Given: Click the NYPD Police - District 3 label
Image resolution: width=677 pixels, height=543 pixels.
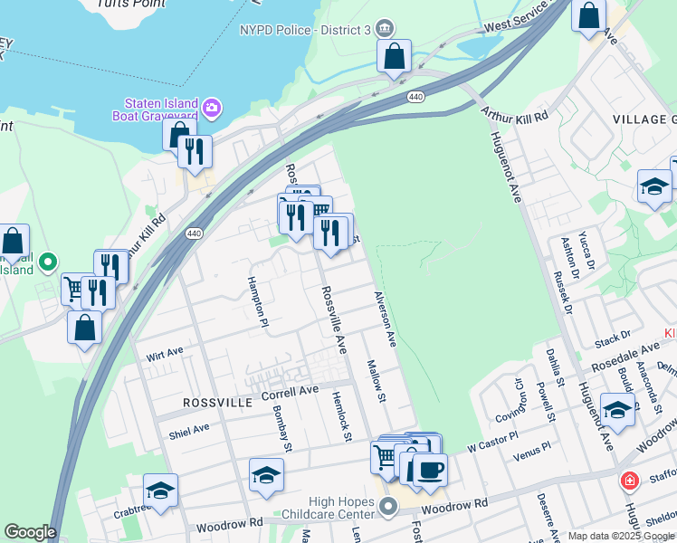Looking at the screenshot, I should pos(305,29).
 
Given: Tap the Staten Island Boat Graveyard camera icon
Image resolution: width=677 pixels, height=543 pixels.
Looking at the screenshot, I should pos(212,109).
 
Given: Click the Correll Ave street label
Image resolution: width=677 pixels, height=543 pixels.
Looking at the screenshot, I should pos(290,392).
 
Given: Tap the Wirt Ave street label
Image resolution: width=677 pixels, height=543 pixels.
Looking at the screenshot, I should pos(164,354).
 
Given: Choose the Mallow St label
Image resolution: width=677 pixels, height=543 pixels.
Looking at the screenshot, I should pos(376,381).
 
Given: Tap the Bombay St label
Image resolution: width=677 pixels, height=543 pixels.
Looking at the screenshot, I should pos(281,427).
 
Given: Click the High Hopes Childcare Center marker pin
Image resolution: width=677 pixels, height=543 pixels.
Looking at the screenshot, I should pos(389,506).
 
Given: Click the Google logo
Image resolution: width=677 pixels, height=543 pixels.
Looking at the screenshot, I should pos(30,532).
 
